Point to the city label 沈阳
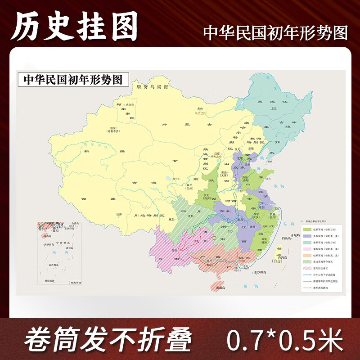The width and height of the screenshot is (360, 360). [x=278, y=141]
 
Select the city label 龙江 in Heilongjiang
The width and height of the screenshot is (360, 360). [x=273, y=108]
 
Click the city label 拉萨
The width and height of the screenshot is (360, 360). [x=119, y=215]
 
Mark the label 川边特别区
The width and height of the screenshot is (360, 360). [x=148, y=216]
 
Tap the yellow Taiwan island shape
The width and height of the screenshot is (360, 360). [x=279, y=250]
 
